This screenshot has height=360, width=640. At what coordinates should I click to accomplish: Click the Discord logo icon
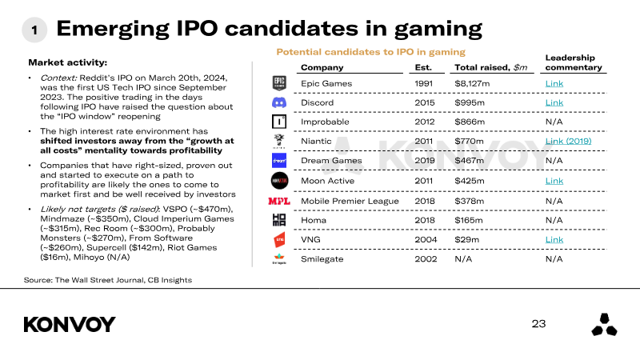[279, 103]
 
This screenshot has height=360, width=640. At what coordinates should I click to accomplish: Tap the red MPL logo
[279, 202]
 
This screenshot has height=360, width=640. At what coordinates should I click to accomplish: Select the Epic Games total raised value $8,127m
[472, 84]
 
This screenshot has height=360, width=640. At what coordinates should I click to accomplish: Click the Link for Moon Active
[554, 181]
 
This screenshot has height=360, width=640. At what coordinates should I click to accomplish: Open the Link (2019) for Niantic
[568, 142]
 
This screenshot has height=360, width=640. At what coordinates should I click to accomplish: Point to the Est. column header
[423, 67]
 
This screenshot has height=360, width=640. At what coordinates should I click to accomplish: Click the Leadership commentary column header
[574, 62]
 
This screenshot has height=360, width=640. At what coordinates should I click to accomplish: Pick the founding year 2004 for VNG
[426, 239]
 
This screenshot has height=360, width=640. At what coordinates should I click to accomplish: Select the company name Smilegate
[322, 259]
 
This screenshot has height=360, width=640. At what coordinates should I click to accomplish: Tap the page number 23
[538, 324]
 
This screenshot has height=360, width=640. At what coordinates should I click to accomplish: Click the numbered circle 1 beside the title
[34, 30]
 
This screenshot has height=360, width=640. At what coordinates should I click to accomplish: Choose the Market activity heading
[68, 62]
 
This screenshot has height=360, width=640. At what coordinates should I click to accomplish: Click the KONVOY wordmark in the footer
[70, 325]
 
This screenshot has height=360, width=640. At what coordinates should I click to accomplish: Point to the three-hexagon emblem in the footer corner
[604, 325]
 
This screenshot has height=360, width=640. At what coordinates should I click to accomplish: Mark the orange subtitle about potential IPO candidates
[370, 52]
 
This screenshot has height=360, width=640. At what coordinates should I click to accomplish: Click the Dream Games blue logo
[279, 161]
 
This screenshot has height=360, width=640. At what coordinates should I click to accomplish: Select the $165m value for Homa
[469, 221]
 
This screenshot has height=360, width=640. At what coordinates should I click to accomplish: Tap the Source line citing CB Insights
[108, 280]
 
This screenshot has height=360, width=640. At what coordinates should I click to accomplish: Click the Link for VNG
[554, 239]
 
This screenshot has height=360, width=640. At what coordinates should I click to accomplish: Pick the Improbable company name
[325, 122]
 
